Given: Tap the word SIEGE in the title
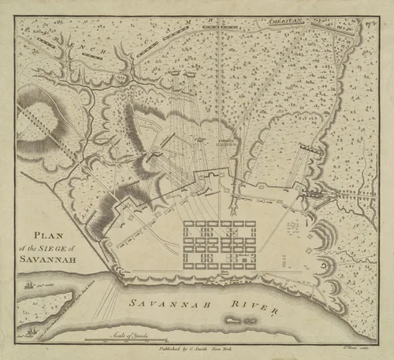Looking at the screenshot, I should point(58,247).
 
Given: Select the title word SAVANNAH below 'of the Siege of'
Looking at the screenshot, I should point(50,258).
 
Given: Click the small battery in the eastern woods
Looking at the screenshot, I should point(332,149).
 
